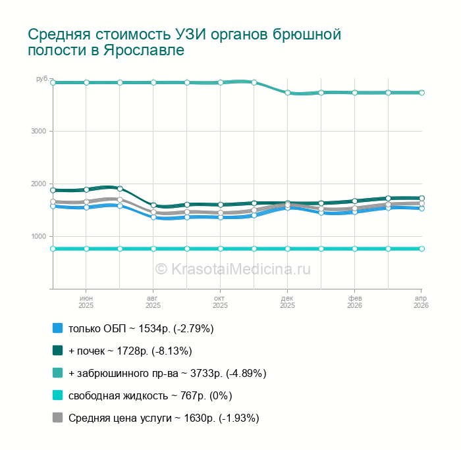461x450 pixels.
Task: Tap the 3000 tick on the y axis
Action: click(38, 132)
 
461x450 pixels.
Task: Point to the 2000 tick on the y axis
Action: click(38, 184)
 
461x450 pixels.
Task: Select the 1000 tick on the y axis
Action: click(38, 237)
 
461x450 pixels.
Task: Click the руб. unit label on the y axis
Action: click(41, 79)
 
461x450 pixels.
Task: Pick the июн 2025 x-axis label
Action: click(86, 302)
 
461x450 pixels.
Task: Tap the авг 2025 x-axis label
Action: click(153, 302)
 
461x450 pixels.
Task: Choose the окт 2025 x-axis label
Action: click(220, 302)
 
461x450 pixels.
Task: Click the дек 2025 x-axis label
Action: click(287, 302)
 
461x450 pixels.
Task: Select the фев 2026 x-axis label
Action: click(354, 302)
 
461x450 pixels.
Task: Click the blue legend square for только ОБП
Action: click(57, 328)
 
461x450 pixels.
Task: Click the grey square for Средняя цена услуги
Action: click(57, 418)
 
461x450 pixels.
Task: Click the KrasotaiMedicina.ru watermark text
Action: click(232, 268)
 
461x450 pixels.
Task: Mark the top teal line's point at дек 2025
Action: click(288, 93)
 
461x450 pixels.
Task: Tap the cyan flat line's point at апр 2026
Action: click(421, 249)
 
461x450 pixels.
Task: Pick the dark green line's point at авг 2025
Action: click(153, 205)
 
